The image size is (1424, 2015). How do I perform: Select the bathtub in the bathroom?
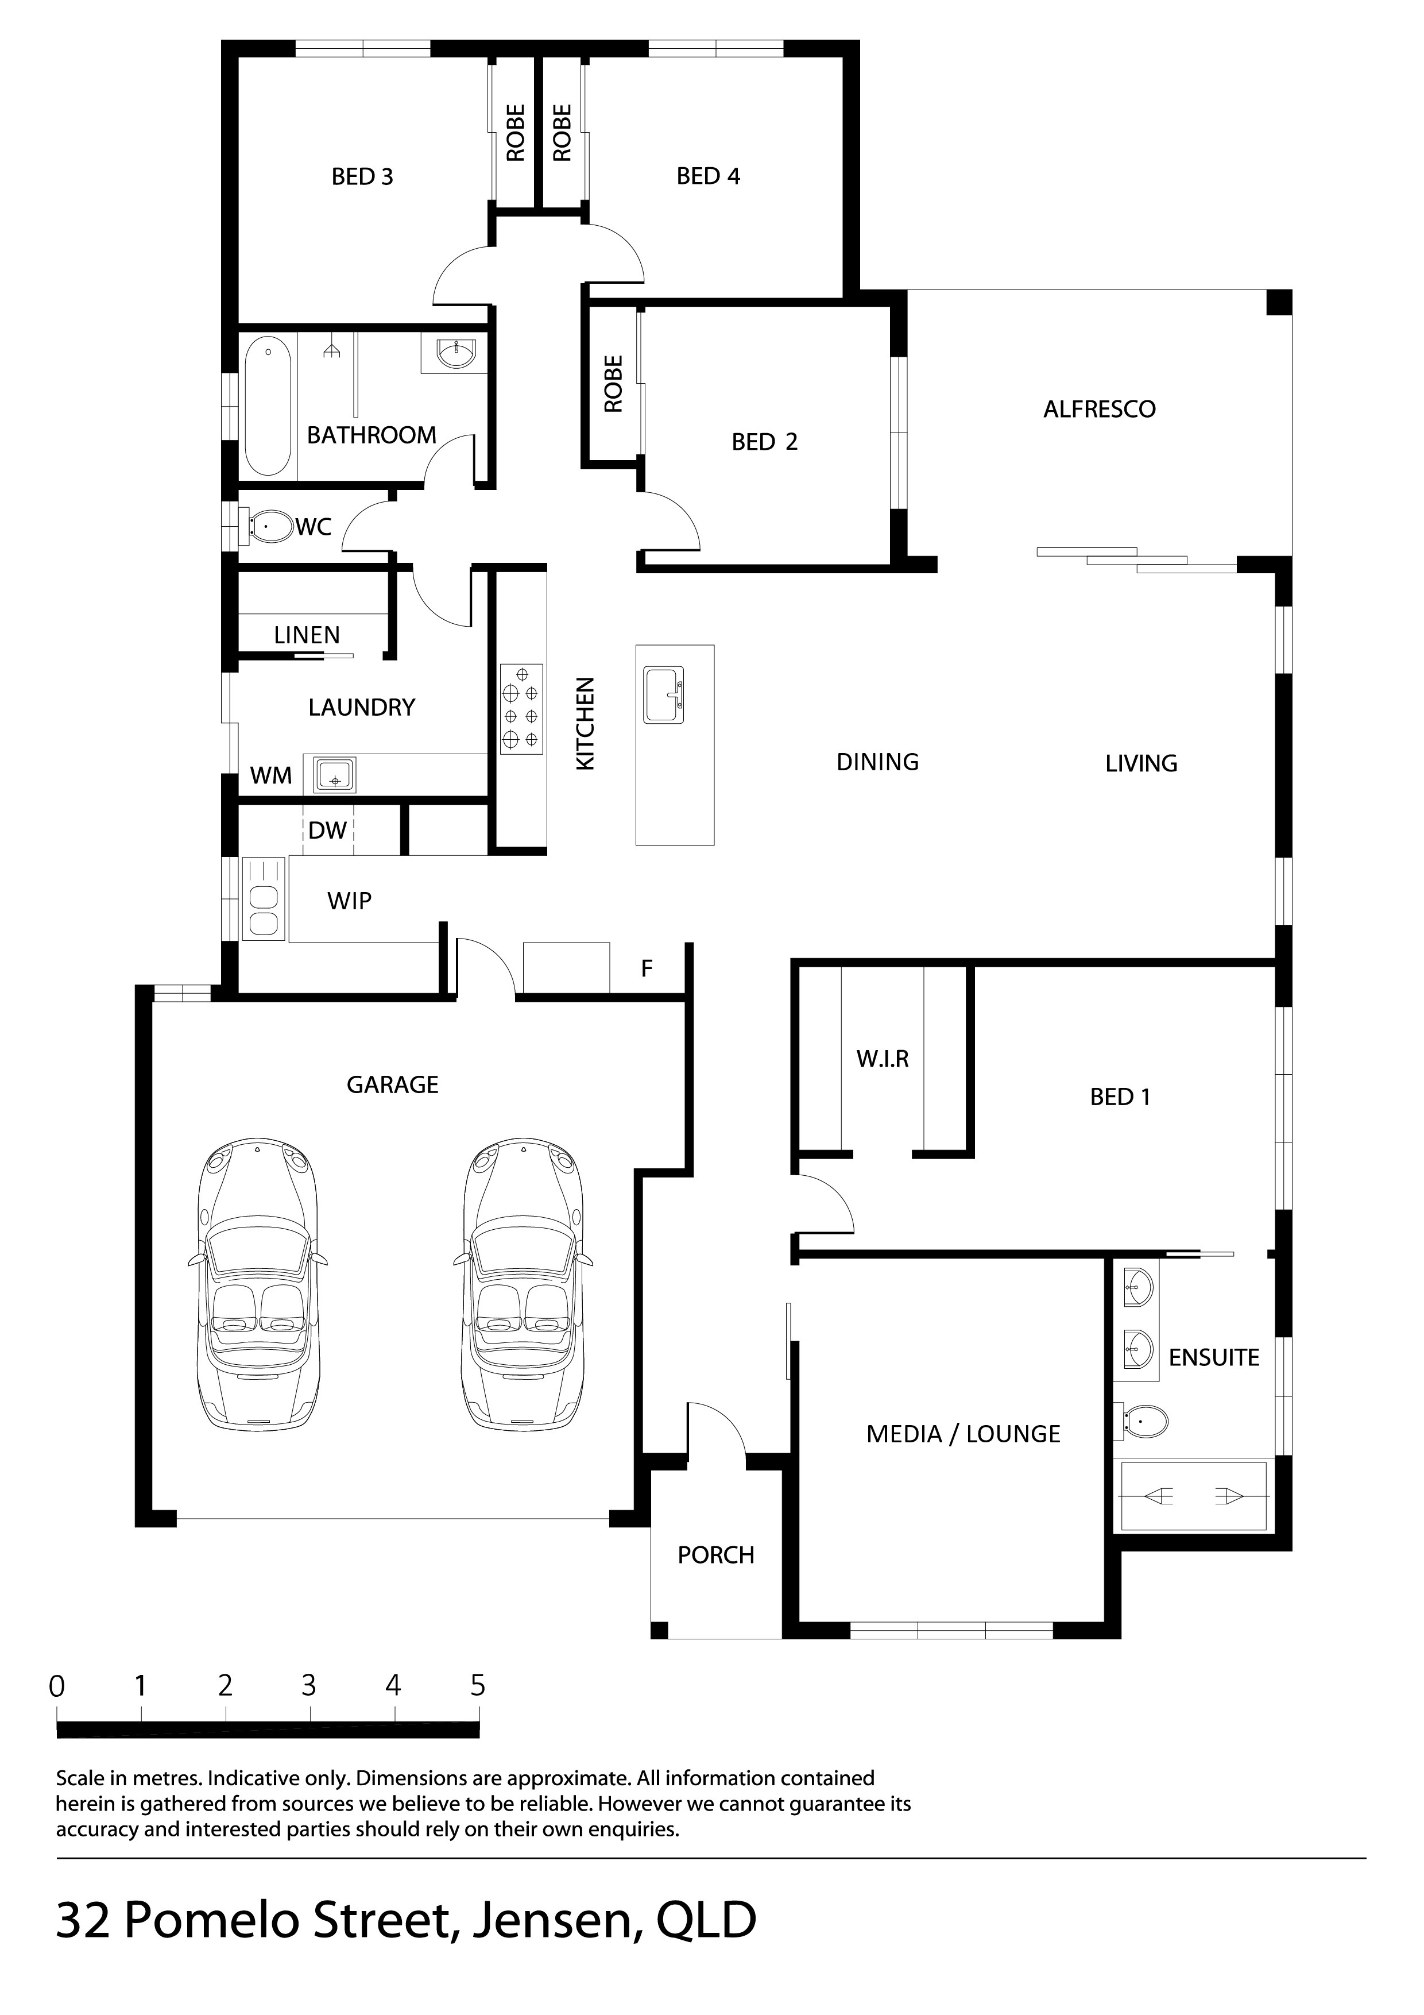tap(268, 406)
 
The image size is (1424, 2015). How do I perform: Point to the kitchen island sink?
tap(664, 694)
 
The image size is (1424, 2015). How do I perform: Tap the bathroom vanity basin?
tap(455, 354)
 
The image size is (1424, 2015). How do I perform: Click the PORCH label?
tap(716, 1555)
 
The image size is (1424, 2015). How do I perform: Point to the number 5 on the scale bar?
tap(477, 1686)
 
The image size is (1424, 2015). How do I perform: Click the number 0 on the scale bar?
tap(57, 1686)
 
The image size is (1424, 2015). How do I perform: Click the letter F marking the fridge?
tap(647, 968)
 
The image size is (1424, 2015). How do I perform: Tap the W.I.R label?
tap(883, 1059)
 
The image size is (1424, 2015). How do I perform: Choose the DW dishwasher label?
tap(327, 830)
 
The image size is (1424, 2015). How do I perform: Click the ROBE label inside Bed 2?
tap(613, 384)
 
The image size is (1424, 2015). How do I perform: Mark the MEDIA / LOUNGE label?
tap(963, 1434)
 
